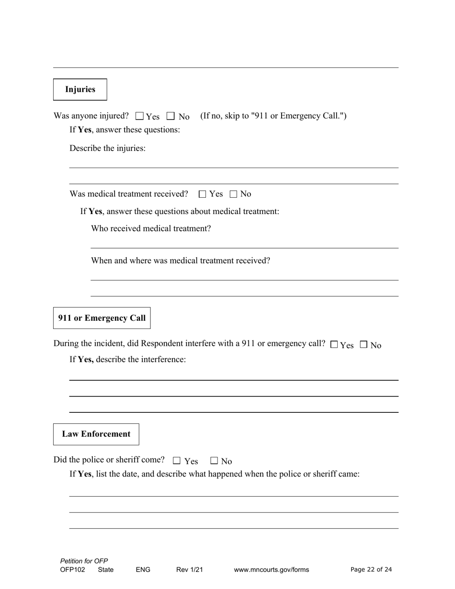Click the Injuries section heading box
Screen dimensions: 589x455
coord(80,90)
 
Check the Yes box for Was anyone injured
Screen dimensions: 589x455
coord(140,116)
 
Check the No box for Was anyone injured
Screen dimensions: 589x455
coord(171,116)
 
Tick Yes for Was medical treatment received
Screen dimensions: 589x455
coord(202,194)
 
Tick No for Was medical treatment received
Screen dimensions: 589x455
coord(234,194)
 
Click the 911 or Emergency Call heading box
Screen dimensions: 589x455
coord(102,318)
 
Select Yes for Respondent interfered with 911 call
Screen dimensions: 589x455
coord(334,344)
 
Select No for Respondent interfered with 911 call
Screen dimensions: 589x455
coord(364,344)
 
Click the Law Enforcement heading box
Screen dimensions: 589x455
coord(96,434)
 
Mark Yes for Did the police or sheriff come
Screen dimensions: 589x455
coord(177,461)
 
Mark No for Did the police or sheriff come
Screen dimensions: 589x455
coord(214,461)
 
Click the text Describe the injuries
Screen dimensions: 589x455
coord(107,148)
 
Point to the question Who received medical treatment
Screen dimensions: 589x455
coord(151,228)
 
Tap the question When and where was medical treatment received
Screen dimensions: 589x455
coord(181,261)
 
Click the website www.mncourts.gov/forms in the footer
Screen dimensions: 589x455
coord(271,570)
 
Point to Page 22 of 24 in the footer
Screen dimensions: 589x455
coord(371,569)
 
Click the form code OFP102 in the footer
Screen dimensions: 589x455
coord(73,570)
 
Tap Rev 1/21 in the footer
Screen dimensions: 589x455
coord(190,570)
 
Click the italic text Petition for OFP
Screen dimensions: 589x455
coord(84,561)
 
